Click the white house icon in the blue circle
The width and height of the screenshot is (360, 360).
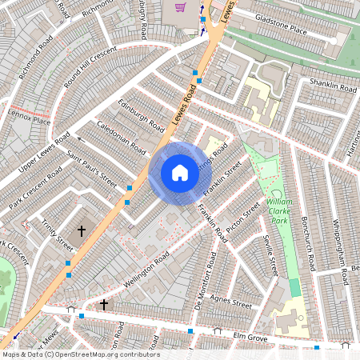point(180,173)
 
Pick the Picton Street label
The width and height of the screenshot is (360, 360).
point(243,218)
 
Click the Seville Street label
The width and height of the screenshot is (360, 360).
point(270,257)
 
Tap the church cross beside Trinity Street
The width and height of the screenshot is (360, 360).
point(80,231)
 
